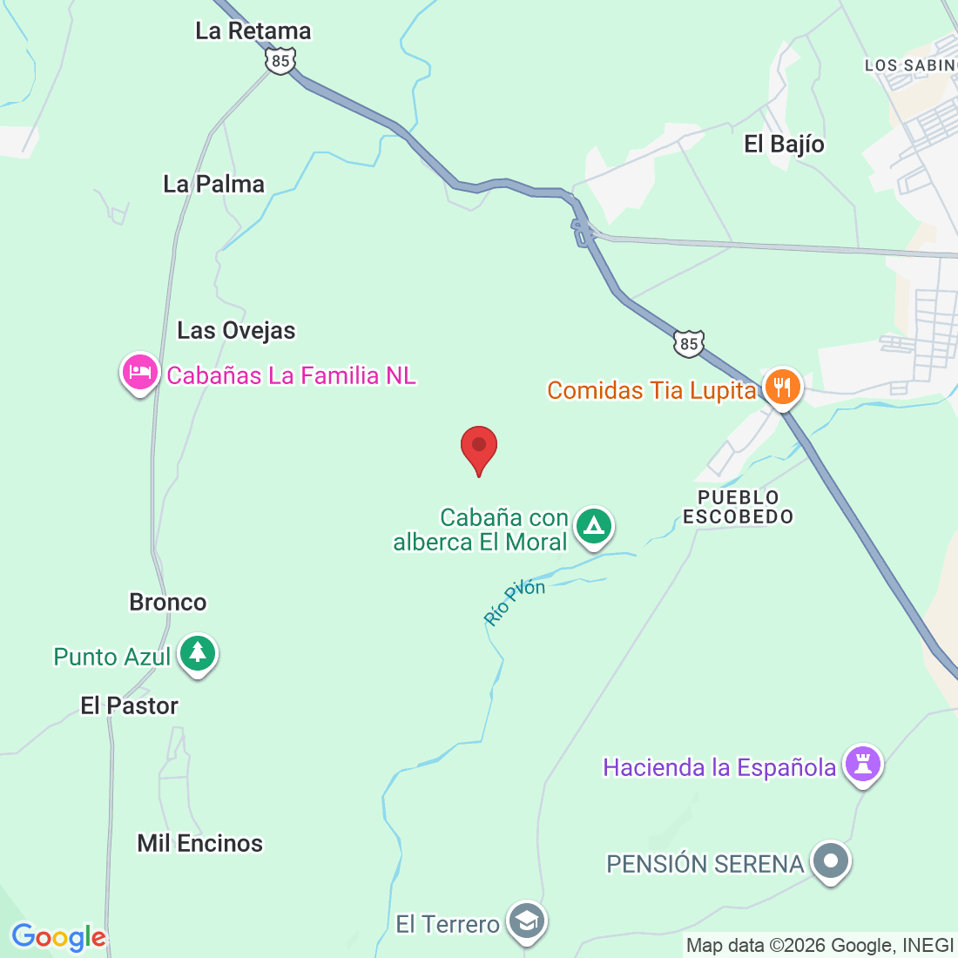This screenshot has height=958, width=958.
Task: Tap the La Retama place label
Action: click(253, 31)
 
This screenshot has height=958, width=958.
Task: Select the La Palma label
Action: click(214, 185)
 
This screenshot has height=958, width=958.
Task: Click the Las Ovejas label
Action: click(237, 331)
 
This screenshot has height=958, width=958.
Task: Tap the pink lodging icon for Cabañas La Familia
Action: click(139, 373)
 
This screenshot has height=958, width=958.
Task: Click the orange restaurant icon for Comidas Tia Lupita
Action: click(782, 388)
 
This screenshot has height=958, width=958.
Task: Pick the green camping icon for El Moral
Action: click(594, 526)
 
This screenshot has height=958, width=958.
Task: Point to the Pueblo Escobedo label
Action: click(738, 507)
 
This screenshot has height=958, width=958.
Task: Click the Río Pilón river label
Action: click(515, 602)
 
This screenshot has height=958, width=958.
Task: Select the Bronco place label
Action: click(168, 603)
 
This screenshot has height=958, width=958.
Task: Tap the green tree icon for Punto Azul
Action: click(198, 653)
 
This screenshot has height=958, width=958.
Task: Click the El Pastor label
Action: click(130, 706)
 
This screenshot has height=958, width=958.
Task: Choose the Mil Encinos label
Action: click(200, 844)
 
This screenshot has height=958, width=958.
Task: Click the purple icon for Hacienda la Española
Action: click(863, 765)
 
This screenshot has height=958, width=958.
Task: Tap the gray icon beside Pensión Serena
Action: click(831, 861)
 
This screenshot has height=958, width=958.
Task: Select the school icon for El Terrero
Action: click(527, 921)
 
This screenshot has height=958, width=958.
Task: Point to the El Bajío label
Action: click(784, 145)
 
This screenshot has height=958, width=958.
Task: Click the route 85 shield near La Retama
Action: click(280, 61)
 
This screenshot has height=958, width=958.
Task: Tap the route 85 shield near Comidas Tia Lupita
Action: click(689, 344)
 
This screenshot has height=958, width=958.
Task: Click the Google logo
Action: click(58, 938)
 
